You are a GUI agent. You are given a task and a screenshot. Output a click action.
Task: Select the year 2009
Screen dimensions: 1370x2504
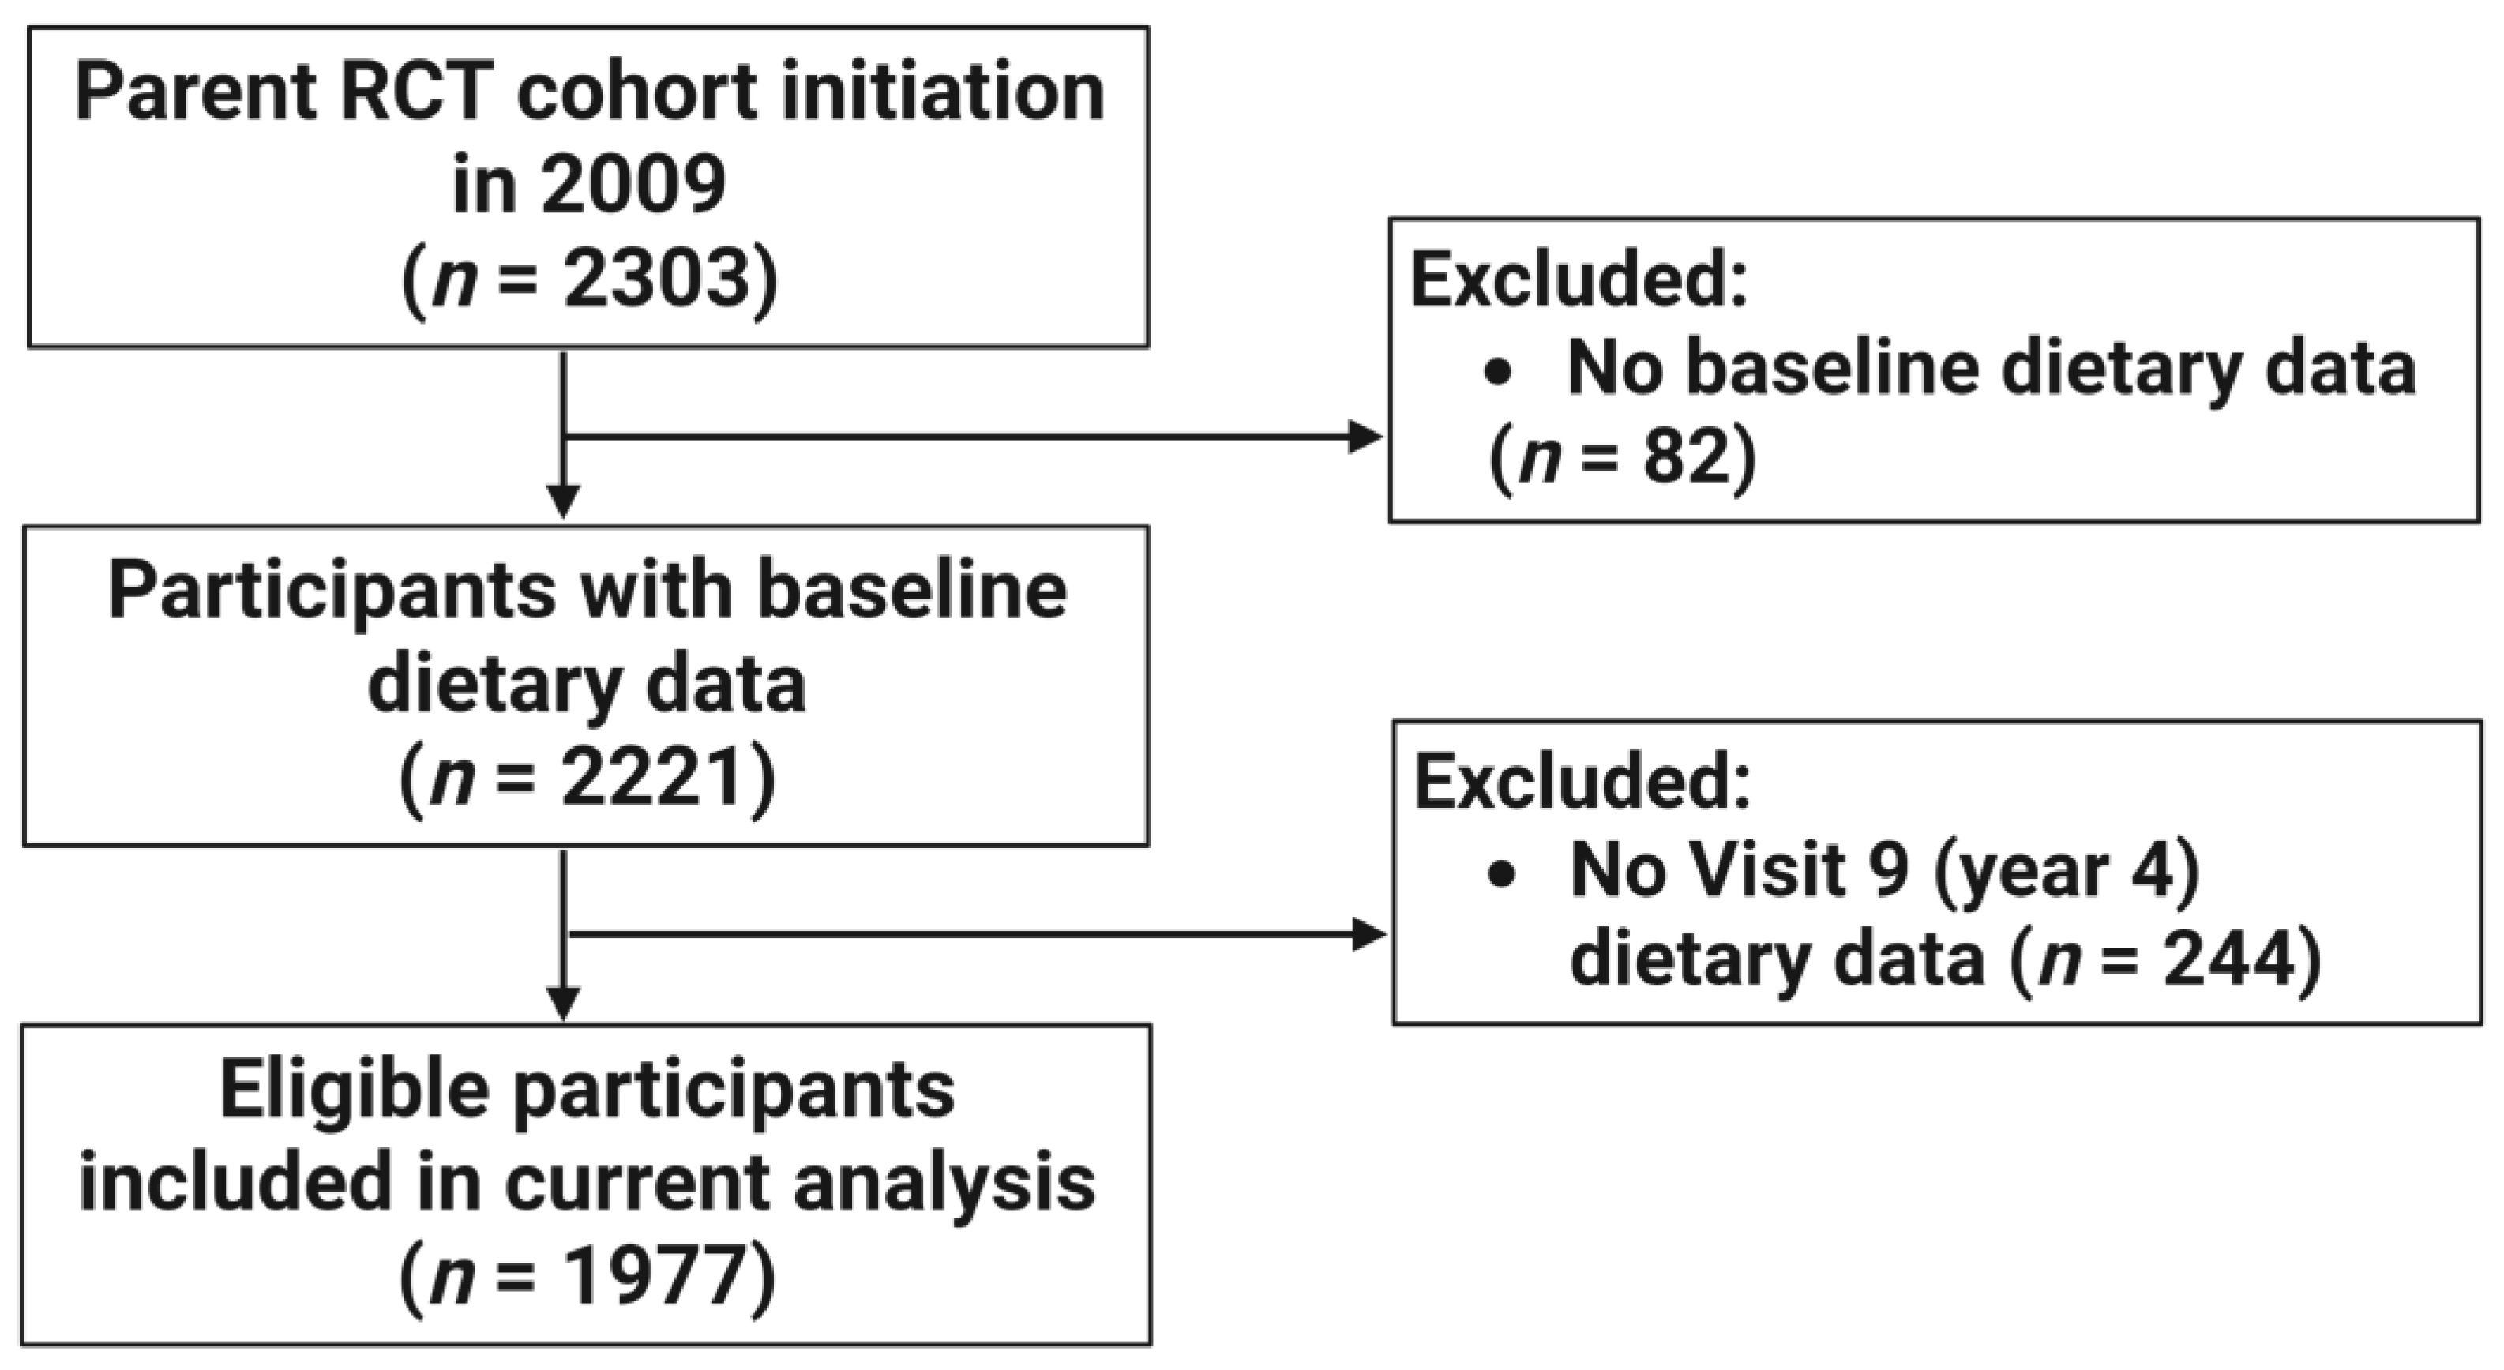click(634, 185)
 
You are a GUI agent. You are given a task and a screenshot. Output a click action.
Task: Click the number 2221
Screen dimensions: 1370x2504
click(654, 778)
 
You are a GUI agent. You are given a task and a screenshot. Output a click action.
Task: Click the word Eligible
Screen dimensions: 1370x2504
click(355, 1090)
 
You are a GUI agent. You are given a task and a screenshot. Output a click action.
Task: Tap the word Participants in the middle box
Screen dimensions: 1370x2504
click(332, 592)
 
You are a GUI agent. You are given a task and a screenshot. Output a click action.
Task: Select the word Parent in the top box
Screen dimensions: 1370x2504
click(195, 92)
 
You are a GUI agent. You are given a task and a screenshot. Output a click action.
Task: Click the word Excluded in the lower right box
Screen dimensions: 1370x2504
click(1582, 782)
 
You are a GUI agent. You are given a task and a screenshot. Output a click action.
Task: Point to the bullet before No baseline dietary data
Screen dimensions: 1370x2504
click(1499, 373)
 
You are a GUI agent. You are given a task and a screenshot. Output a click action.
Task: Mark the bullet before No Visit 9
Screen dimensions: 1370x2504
click(1502, 874)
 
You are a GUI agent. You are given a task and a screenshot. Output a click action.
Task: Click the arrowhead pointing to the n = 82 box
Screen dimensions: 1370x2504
click(1366, 437)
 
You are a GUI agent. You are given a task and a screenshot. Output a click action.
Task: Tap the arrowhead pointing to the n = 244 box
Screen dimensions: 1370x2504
click(1368, 936)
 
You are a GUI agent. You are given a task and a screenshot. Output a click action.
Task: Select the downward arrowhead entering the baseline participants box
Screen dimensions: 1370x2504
click(564, 501)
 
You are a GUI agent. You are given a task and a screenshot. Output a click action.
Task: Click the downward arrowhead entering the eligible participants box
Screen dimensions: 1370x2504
click(564, 1003)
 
